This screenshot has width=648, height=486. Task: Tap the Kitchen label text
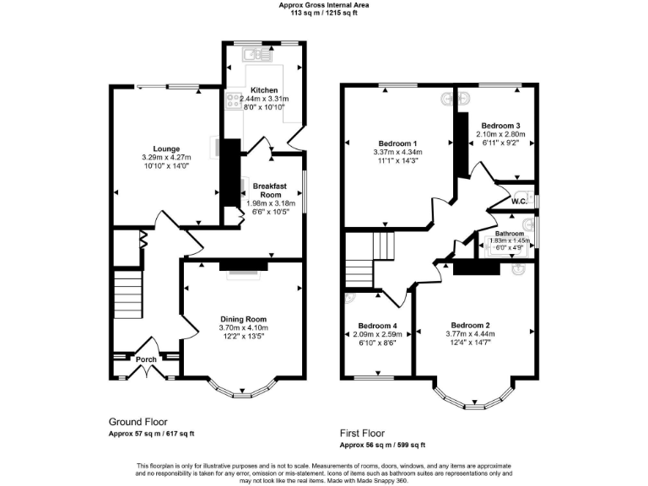click(x=264, y=89)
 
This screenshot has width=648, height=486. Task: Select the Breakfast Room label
click(x=266, y=189)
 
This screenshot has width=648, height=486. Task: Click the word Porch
click(x=145, y=359)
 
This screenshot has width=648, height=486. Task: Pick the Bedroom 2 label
click(x=470, y=325)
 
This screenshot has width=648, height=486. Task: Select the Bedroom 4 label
click(x=377, y=326)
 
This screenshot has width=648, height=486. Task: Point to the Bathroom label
click(x=509, y=233)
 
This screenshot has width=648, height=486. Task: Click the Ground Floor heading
click(x=138, y=421)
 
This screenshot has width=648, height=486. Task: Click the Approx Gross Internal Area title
click(x=324, y=4)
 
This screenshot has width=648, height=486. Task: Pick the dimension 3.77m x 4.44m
click(x=471, y=334)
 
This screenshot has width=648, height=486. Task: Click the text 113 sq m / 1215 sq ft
click(x=324, y=13)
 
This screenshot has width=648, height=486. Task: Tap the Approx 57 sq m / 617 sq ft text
click(x=152, y=434)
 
